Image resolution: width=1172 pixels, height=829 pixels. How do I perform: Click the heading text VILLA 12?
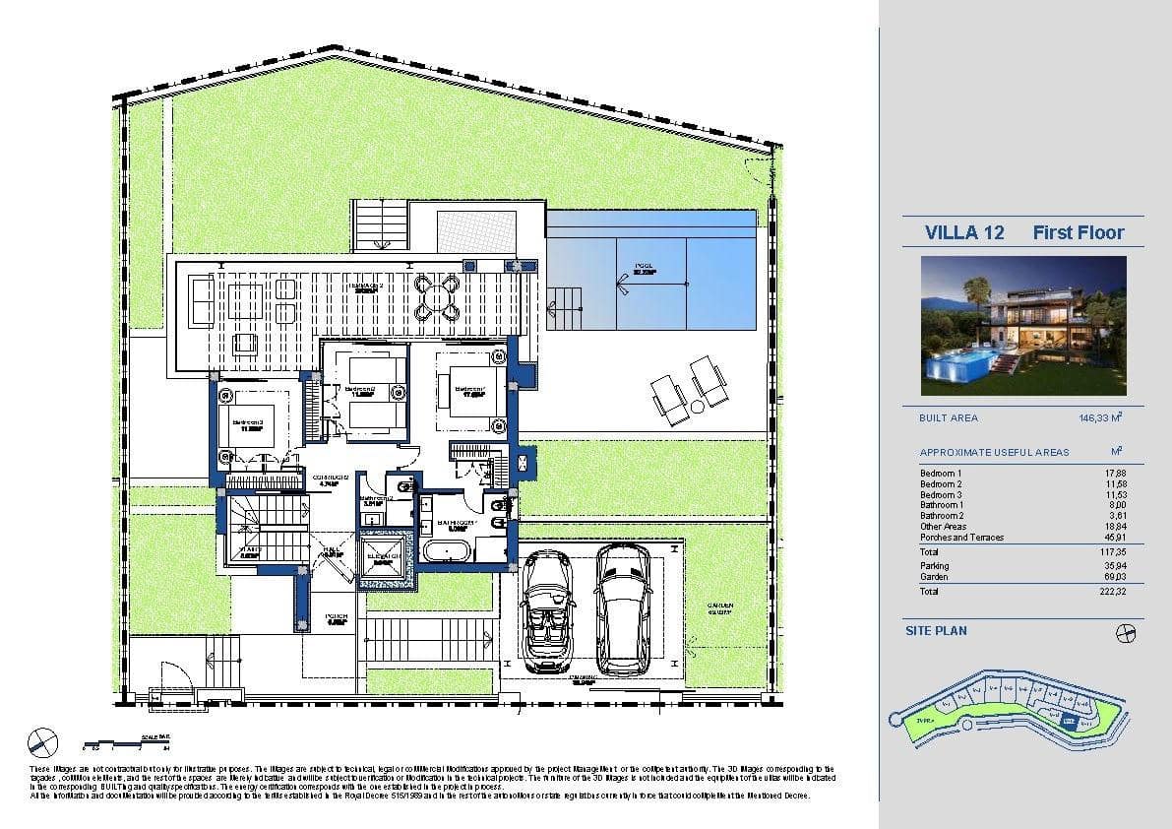tap(964, 233)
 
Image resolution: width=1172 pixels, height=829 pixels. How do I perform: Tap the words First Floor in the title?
tap(1078, 233)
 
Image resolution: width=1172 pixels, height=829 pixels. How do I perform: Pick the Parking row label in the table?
tap(934, 566)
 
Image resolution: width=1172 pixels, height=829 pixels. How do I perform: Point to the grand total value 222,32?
tap(1113, 592)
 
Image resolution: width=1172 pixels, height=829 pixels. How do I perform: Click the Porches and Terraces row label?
tap(961, 538)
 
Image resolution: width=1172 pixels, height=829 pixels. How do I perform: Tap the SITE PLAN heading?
tap(936, 631)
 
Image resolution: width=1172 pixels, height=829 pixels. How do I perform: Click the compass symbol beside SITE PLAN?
tap(1126, 633)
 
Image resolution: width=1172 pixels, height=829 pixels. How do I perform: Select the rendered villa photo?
tap(1023, 326)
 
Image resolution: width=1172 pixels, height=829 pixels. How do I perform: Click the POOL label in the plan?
tap(644, 266)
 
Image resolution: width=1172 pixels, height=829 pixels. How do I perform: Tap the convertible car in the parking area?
tap(547, 610)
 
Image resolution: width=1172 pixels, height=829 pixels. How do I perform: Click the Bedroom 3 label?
tap(248, 424)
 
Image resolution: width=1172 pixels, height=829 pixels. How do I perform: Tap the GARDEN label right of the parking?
tap(718, 606)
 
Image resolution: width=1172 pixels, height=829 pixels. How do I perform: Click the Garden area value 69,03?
tap(1113, 577)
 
